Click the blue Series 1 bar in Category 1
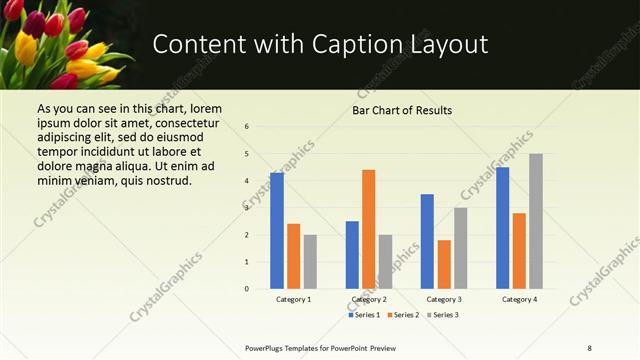(277, 231)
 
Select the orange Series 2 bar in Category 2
(368, 229)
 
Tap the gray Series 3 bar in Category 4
(536, 221)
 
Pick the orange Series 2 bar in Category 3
(444, 264)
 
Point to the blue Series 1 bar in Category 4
(502, 228)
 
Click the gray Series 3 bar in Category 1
(310, 262)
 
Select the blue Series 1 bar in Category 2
(352, 255)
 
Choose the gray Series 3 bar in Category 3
(460, 248)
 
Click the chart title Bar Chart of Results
(402, 110)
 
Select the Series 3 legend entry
(444, 315)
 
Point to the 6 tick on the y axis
(246, 126)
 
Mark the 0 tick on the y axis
(246, 289)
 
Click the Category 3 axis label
(444, 300)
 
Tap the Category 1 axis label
(293, 300)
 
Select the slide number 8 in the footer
(589, 347)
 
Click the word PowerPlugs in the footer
(266, 347)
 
